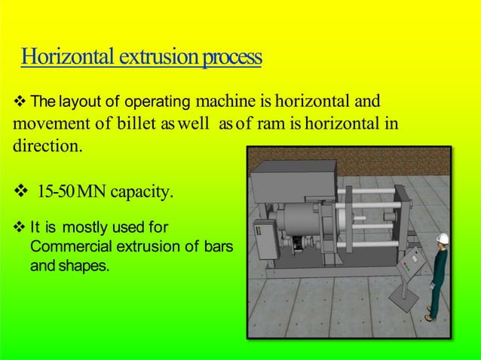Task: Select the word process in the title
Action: (230, 57)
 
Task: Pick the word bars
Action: (213, 246)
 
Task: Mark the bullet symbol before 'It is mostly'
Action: (20, 227)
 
